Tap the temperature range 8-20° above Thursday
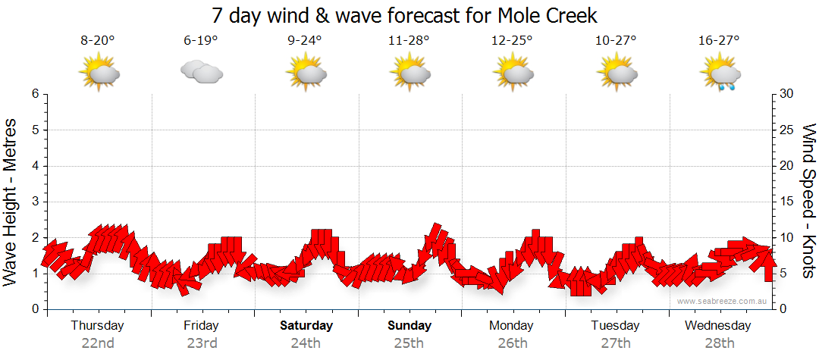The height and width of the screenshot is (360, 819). [x=98, y=40]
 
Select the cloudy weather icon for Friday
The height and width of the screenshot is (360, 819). [x=201, y=72]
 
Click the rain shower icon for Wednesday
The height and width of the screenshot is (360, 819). [x=720, y=74]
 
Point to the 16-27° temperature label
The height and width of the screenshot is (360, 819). [x=720, y=40]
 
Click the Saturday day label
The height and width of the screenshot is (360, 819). [x=306, y=326]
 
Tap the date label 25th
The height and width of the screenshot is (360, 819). [x=409, y=343]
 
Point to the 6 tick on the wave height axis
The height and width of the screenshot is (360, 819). [x=35, y=94]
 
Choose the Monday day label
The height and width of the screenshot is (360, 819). [x=512, y=326]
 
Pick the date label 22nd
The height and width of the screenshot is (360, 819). [x=98, y=343]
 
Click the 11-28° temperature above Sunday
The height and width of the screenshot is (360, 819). [x=409, y=40]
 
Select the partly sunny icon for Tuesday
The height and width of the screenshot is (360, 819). [x=616, y=74]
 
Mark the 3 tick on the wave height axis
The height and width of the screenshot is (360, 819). [x=35, y=202]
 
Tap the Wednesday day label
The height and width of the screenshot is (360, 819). [x=717, y=326]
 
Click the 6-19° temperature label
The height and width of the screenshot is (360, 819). [x=201, y=40]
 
